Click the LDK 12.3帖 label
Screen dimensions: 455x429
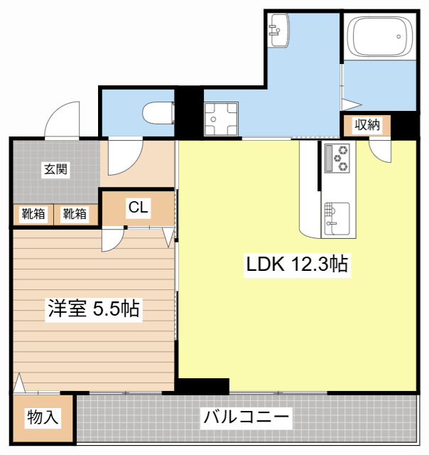coord(296,265)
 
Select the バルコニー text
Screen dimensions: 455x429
coord(246,417)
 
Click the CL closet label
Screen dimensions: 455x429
coord(138,208)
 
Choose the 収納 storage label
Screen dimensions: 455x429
coord(367,125)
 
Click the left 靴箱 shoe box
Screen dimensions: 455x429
coord(33,213)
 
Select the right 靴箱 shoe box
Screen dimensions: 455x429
coord(74,213)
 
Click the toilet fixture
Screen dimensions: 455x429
coord(157,113)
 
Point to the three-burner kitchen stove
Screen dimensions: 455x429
coord(337,158)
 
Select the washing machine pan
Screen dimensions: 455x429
coord(222,119)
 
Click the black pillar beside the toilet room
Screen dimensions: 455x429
coord(189,112)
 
